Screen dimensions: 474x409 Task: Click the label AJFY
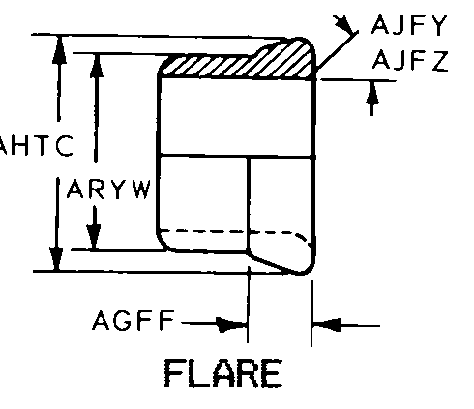[409, 24]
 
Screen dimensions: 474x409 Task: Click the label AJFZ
[410, 60]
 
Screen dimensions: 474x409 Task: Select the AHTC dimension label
[36, 146]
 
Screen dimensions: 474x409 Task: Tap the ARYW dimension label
[108, 189]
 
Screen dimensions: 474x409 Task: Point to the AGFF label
[133, 320]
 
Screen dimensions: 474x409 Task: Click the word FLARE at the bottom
[223, 373]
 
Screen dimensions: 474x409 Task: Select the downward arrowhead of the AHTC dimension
[56, 258]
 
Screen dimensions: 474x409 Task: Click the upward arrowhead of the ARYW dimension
[97, 66]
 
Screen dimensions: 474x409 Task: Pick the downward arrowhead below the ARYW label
[94, 237]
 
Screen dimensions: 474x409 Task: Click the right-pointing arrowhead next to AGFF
[231, 324]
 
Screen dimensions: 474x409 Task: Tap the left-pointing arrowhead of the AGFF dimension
[327, 324]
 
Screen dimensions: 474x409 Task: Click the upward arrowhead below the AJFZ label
[372, 93]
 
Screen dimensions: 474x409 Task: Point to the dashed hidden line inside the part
[234, 232]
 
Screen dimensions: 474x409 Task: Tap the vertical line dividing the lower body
[249, 204]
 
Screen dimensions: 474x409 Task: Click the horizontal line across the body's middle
[237, 157]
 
